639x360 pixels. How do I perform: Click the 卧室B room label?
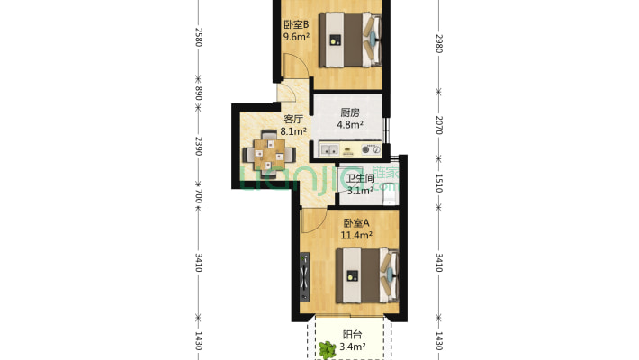coord(296,24)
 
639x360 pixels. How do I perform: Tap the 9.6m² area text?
coord(296,37)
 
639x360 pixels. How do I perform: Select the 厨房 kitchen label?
coord(350,112)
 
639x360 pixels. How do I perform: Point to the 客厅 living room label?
coord(293,119)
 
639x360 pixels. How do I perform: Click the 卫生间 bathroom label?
coord(361,178)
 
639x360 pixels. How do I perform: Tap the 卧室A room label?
coord(356,223)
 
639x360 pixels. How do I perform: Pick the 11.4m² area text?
coord(356,235)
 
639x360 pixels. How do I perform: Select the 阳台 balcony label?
coord(352,335)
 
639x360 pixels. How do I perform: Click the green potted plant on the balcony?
coord(328,350)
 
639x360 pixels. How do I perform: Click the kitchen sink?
coord(329,150)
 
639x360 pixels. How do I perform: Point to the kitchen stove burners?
coord(372,149)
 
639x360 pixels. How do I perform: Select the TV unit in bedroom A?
coord(304,277)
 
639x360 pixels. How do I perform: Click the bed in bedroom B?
coord(350,40)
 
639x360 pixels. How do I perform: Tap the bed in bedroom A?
coord(367,276)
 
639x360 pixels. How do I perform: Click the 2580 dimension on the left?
coord(199,37)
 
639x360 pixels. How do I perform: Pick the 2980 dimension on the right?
coord(439,43)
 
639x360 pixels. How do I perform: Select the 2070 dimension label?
coord(439,125)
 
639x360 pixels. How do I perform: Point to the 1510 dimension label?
coord(439,183)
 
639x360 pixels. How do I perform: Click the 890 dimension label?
coord(199,93)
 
